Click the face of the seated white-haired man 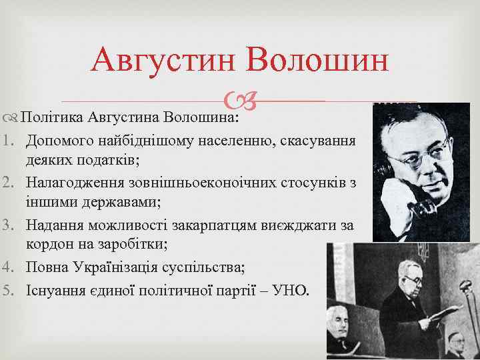[x=337, y=327]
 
